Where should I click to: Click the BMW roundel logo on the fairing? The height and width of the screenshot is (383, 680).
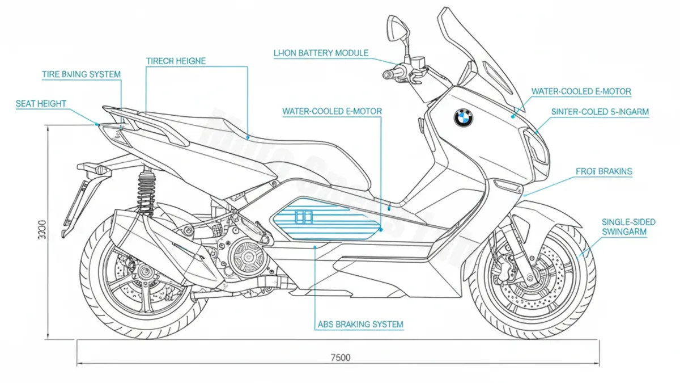[463, 117]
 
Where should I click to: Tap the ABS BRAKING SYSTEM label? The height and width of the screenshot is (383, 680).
[359, 325]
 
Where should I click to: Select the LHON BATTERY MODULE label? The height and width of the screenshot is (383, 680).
[321, 53]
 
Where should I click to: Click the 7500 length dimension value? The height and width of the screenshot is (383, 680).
[340, 357]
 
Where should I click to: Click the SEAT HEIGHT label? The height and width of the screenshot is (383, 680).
[41, 103]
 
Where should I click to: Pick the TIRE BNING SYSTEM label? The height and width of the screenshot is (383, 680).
[82, 74]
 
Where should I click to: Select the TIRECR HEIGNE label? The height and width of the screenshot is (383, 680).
[176, 61]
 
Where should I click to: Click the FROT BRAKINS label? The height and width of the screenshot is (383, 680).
[604, 171]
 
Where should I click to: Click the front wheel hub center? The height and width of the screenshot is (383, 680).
[531, 278]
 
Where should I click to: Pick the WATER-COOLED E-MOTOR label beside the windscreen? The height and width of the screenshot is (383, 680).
[581, 91]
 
